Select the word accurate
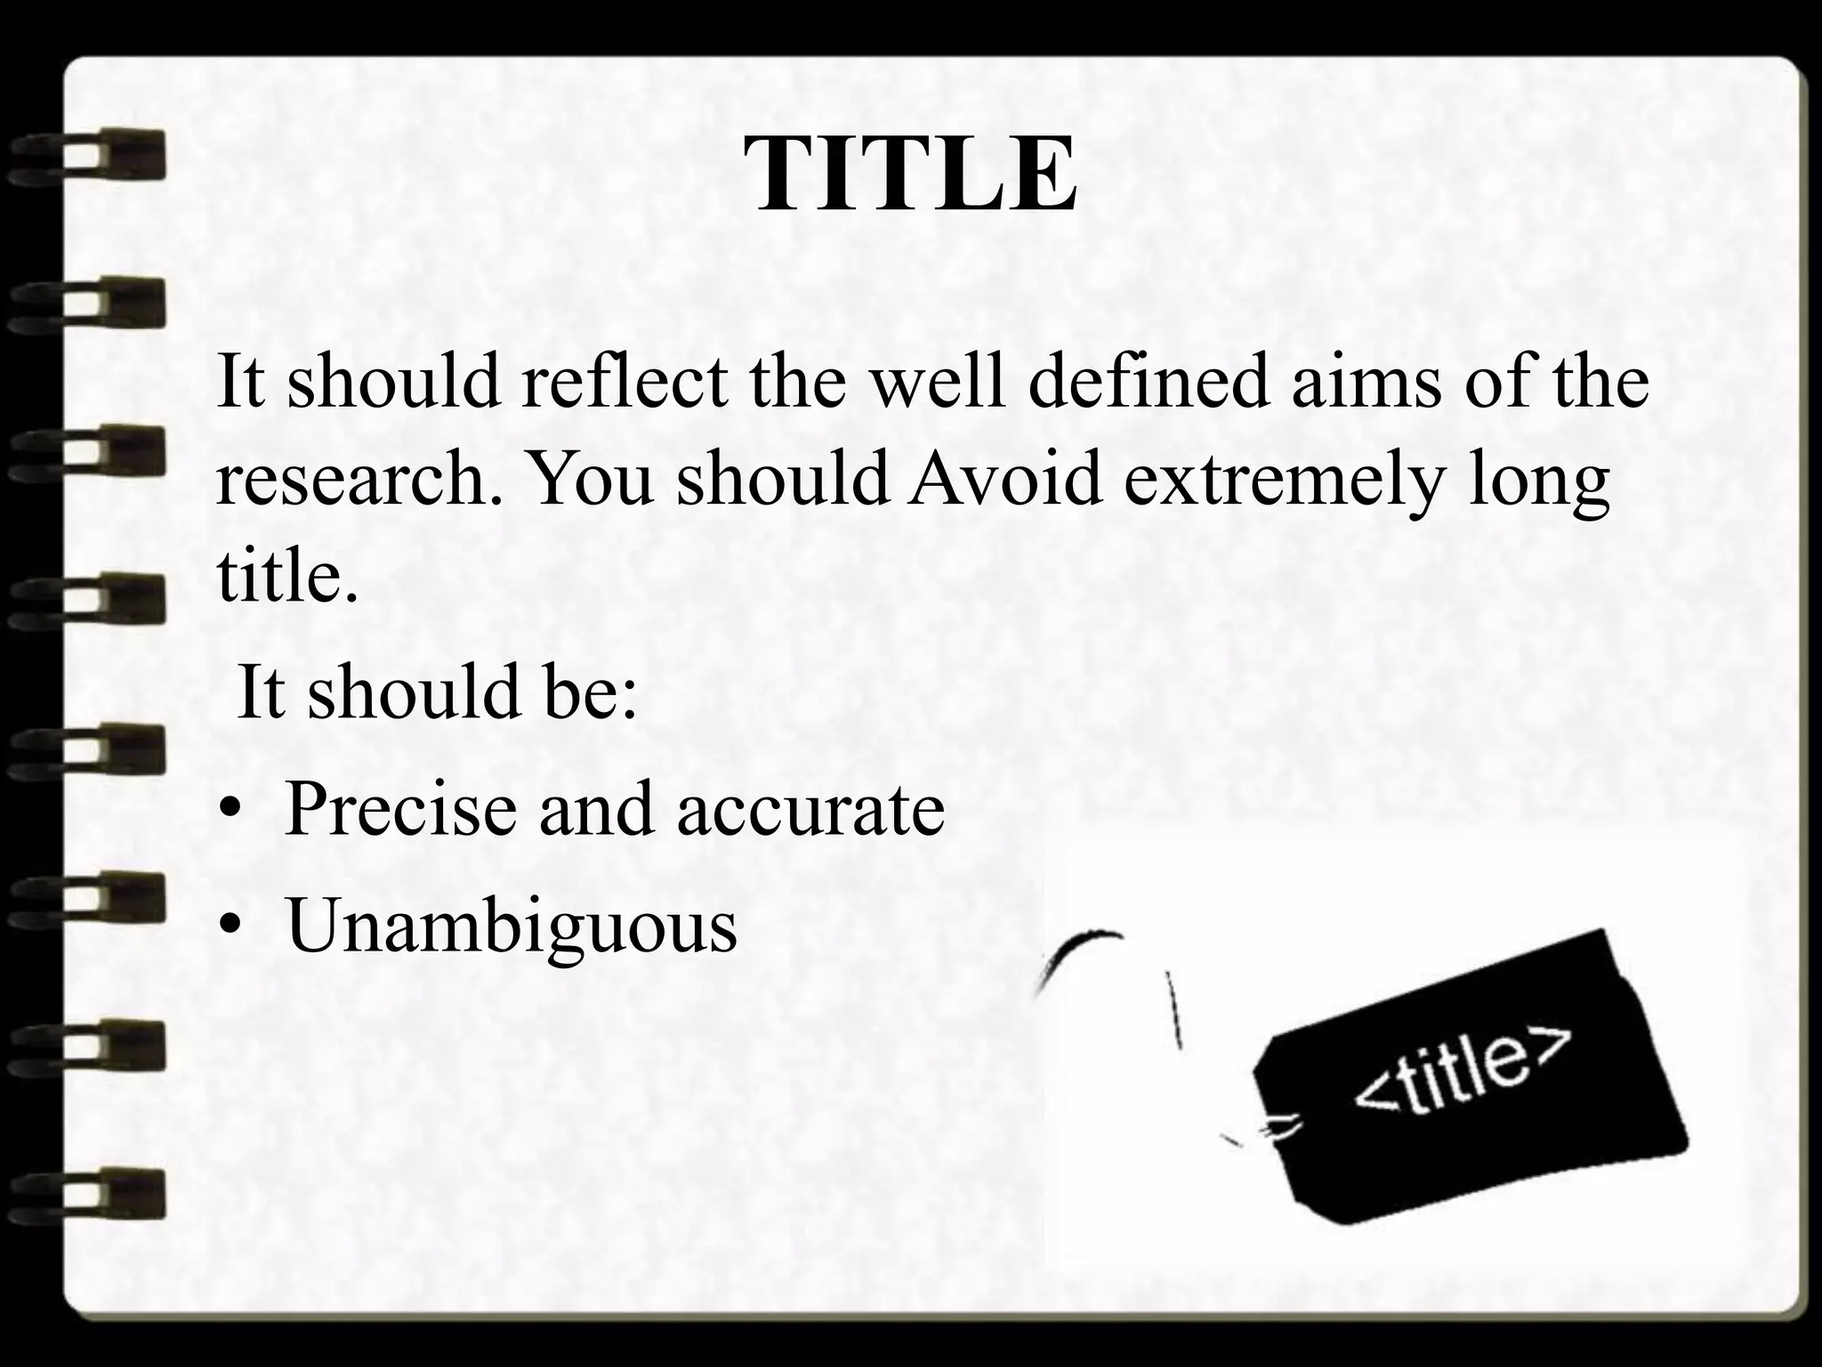click(810, 810)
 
